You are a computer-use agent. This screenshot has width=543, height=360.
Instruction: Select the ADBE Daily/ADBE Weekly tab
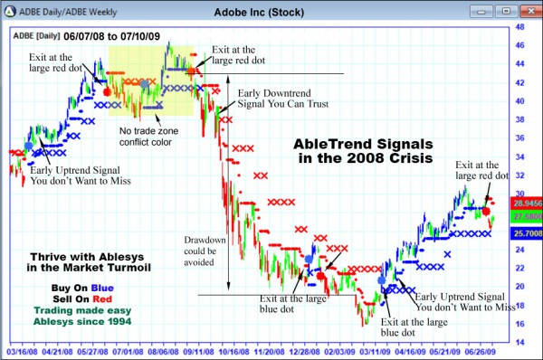[55, 10]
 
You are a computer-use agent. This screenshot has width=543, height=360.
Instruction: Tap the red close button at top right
[530, 10]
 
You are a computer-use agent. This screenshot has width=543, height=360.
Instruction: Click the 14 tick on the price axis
[519, 342]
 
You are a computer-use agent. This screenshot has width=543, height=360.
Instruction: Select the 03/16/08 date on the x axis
[24, 352]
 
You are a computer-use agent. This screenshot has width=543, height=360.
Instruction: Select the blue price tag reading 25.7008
[527, 233]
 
